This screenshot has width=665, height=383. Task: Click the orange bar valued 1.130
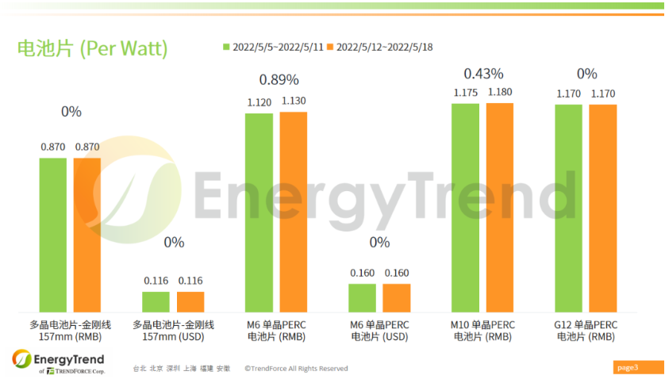pyautogui.click(x=293, y=212)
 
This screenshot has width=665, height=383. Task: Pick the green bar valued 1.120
pyautogui.click(x=259, y=213)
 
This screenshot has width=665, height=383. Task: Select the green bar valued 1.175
pyautogui.click(x=466, y=207)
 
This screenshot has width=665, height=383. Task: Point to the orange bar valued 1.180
pyautogui.click(x=500, y=207)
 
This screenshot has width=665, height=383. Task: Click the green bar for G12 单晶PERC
pyautogui.click(x=569, y=208)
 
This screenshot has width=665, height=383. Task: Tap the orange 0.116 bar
pyautogui.click(x=190, y=301)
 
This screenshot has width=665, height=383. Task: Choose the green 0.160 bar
pyautogui.click(x=362, y=297)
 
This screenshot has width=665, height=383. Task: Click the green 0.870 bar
pyautogui.click(x=53, y=235)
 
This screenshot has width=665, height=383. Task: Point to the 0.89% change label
pyautogui.click(x=279, y=79)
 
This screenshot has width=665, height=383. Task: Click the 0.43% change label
pyautogui.click(x=483, y=74)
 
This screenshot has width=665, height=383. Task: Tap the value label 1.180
pyautogui.click(x=500, y=93)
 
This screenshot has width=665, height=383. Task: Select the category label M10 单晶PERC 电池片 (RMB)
pyautogui.click(x=482, y=330)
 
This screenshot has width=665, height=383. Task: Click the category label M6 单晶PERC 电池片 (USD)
pyautogui.click(x=379, y=330)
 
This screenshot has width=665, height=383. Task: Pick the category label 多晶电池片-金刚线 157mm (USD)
pyautogui.click(x=173, y=330)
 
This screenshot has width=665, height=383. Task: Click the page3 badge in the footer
pyautogui.click(x=627, y=367)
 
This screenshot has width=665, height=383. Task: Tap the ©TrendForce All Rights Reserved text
pyautogui.click(x=296, y=368)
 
